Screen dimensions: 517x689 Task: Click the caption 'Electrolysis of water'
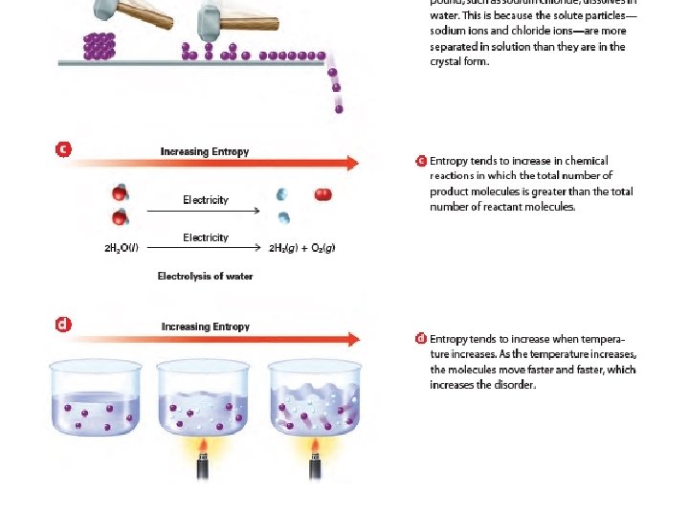pyautogui.click(x=205, y=276)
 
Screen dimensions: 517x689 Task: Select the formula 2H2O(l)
pyautogui.click(x=121, y=249)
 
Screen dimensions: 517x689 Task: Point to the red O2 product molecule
pyautogui.click(x=323, y=194)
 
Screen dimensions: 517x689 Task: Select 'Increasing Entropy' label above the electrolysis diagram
pyautogui.click(x=205, y=151)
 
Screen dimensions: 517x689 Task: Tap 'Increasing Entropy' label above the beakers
pyautogui.click(x=205, y=326)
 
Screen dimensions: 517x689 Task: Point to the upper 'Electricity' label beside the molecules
pyautogui.click(x=206, y=200)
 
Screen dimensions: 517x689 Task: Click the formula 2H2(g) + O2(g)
pyautogui.click(x=301, y=249)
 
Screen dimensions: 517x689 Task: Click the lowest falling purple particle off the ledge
pyautogui.click(x=339, y=109)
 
